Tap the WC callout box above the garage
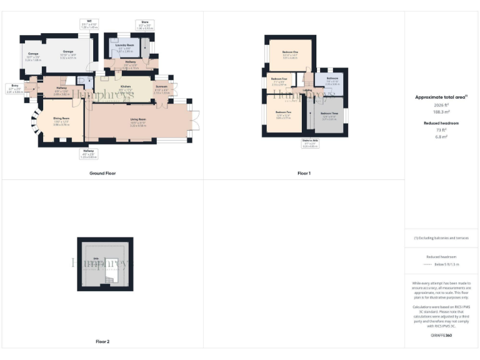tap(90, 24)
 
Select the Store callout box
tap(144, 26)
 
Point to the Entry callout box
tap(14, 89)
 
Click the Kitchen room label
tap(125, 88)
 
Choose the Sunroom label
tap(161, 89)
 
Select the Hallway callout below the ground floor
tap(89, 153)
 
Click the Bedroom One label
tap(289, 53)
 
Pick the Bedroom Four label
tap(279, 81)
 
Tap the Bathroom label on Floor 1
tap(332, 81)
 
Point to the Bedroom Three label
tap(329, 115)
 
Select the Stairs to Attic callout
tap(310, 144)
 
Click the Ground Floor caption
tap(102, 173)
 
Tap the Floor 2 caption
tap(102, 341)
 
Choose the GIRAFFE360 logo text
tap(441, 336)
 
